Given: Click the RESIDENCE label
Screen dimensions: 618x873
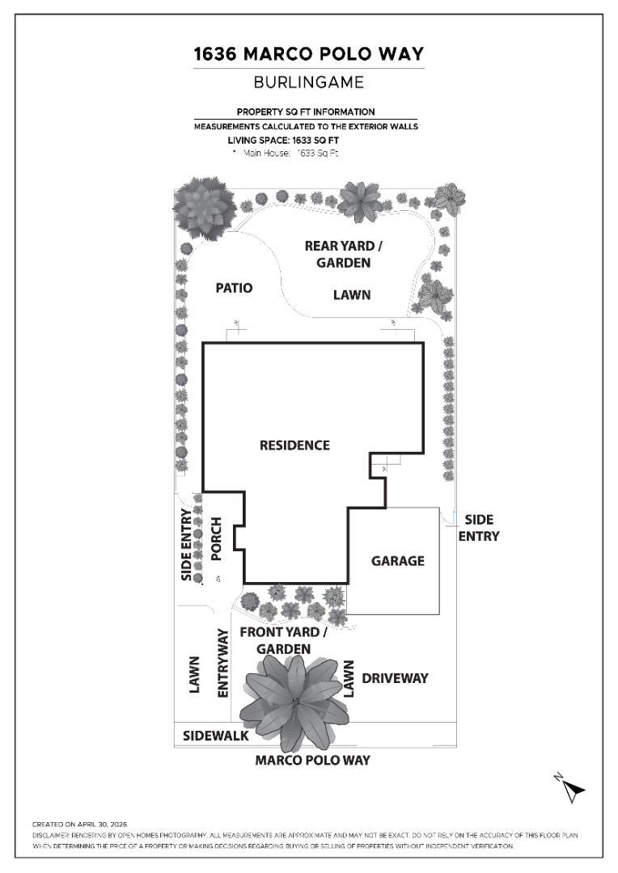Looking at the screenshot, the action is [294, 445].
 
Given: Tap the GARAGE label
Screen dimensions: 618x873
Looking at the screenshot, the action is [398, 561].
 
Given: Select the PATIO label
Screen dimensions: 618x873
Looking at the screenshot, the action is [234, 288].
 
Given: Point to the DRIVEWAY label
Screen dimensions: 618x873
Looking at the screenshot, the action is [395, 678].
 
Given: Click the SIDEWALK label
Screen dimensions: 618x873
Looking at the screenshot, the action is [216, 736].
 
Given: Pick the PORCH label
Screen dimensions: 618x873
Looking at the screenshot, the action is [216, 539].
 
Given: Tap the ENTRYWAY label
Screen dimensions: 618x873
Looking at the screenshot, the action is [222, 663].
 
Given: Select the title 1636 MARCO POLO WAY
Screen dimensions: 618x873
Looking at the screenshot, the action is [309, 54].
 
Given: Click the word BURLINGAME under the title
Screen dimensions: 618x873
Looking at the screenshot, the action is [309, 82].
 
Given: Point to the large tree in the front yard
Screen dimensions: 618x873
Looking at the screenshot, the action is [294, 702].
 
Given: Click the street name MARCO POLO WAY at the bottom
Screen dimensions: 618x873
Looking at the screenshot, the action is [312, 760].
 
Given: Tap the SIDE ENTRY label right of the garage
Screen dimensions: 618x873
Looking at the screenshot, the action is [479, 528].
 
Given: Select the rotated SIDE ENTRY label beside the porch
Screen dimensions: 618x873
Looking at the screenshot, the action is [187, 545].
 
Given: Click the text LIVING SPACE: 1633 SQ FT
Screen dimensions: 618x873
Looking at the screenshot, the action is [283, 141].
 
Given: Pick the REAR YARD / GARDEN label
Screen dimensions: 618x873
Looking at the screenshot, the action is [343, 254].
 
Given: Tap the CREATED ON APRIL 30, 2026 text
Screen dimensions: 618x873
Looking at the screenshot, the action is [80, 824].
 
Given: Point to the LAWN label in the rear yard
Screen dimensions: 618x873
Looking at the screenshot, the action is [352, 294].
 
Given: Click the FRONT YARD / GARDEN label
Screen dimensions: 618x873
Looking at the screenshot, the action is [283, 640].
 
